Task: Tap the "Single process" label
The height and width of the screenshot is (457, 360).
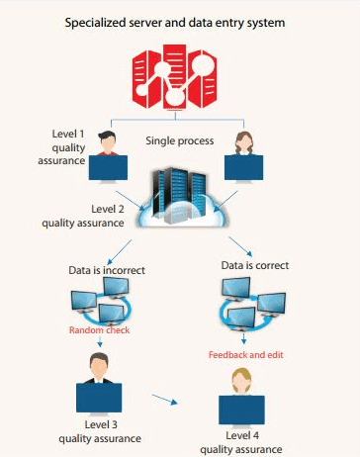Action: (x=179, y=140)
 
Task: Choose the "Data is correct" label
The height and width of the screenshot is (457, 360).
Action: (x=255, y=265)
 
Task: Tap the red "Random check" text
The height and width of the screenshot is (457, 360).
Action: (x=99, y=330)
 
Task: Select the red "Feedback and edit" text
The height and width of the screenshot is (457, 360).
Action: (x=245, y=354)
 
